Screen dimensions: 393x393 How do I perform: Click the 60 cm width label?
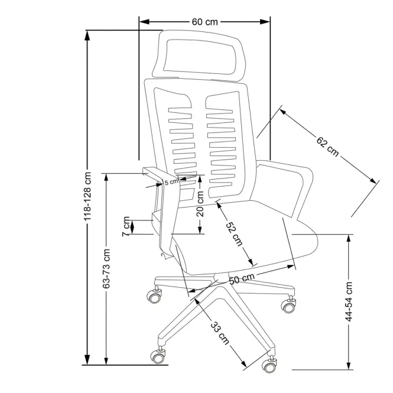[204, 22]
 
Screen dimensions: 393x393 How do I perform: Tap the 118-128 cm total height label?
[87, 196]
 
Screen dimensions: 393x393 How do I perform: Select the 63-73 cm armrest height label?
[106, 268]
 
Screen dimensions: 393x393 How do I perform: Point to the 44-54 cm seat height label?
[349, 301]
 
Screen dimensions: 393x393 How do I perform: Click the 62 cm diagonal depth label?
[327, 147]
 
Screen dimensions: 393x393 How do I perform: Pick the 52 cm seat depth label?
[235, 233]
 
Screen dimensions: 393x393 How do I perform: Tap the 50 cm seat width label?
[242, 278]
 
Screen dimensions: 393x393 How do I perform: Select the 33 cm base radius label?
[220, 333]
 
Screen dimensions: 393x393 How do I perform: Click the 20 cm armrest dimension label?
[200, 203]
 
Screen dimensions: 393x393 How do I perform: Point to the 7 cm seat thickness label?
[126, 226]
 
